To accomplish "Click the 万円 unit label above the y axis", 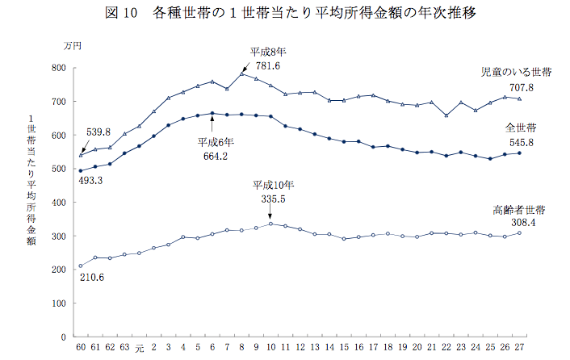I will click(72, 46).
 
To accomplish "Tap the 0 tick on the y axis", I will click(62, 337).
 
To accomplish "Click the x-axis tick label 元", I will click(139, 349).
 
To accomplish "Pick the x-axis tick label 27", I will click(519, 349).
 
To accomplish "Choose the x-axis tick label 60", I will click(80, 349).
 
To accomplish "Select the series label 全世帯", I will click(522, 128).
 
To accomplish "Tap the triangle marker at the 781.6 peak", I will click(241, 74).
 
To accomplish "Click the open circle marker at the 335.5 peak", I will click(270, 224).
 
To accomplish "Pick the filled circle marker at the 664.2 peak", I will click(212, 114).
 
